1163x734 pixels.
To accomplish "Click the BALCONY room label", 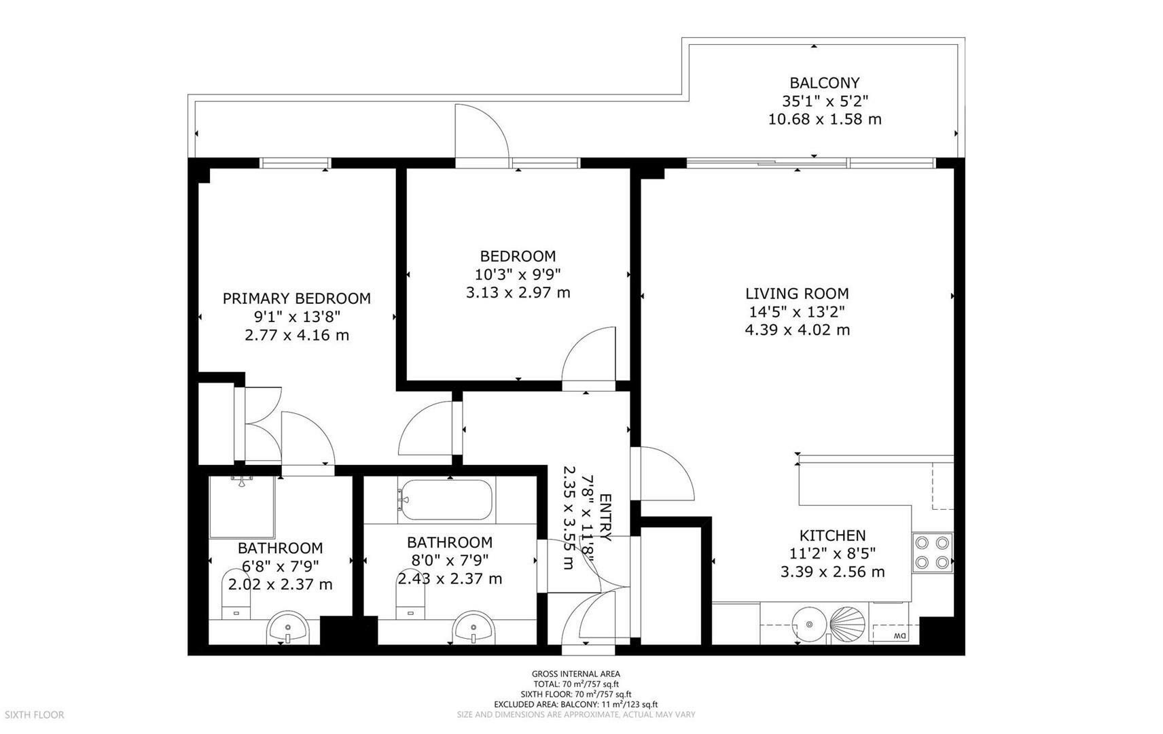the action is tap(825, 83).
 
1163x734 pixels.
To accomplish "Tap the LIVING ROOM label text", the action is tap(797, 294).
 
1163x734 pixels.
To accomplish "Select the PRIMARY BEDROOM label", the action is tap(296, 298).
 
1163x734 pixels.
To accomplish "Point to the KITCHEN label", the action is tap(832, 535).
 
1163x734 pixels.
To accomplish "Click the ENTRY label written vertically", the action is tap(605, 517).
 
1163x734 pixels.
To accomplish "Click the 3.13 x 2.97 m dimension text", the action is tap(518, 292).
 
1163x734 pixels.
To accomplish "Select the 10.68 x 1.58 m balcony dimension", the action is tap(825, 119).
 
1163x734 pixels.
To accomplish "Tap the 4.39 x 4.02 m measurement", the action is tap(797, 330).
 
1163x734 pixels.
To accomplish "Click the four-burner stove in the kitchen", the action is tap(932, 553).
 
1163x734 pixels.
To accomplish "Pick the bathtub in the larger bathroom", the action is tap(446, 500).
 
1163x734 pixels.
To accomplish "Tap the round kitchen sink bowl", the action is tap(809, 624).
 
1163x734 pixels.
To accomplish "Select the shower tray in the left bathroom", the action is tap(242, 507).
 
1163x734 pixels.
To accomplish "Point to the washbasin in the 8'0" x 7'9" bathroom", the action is tap(473, 627).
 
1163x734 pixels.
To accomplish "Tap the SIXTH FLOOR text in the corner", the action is tap(34, 715).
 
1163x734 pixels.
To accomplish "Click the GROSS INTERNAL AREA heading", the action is tap(576, 674).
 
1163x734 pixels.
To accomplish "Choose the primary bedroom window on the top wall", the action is tap(295, 163).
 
